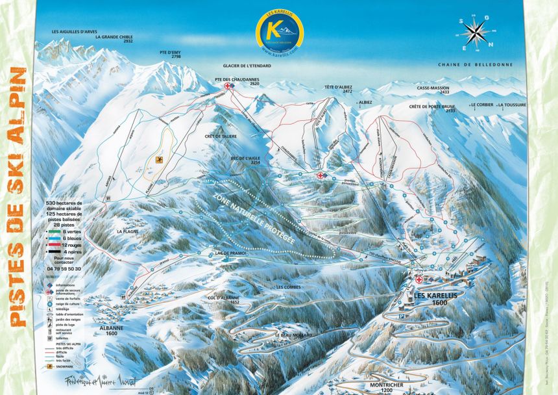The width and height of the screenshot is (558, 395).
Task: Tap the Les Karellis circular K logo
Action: [x=278, y=30]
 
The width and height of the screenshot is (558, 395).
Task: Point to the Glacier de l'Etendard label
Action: [x=247, y=66]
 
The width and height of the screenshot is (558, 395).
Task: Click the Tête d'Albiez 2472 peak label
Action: [x=339, y=90]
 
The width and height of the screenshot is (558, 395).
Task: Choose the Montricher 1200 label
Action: [x=387, y=386]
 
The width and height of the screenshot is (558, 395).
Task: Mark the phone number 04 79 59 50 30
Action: [x=66, y=268]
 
